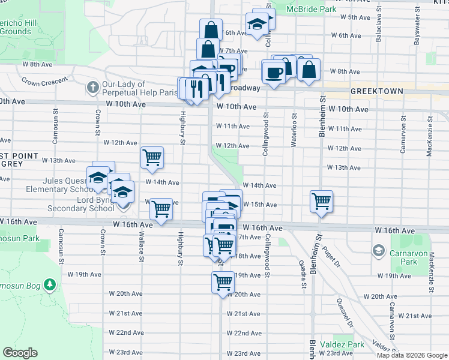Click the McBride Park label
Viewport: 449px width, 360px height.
point(311,10)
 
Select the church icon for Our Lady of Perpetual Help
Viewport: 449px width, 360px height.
point(92,88)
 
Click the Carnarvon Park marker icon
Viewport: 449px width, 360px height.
point(379,249)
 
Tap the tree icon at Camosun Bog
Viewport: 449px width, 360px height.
point(52,283)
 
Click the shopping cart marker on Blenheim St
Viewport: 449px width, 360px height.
point(321,202)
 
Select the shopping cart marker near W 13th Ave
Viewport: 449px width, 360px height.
point(152,157)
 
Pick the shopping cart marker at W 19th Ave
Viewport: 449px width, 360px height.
point(223,281)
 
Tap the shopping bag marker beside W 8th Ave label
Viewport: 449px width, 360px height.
point(309,68)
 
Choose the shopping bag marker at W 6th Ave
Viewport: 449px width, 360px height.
point(211,30)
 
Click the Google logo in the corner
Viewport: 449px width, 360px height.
point(20,353)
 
